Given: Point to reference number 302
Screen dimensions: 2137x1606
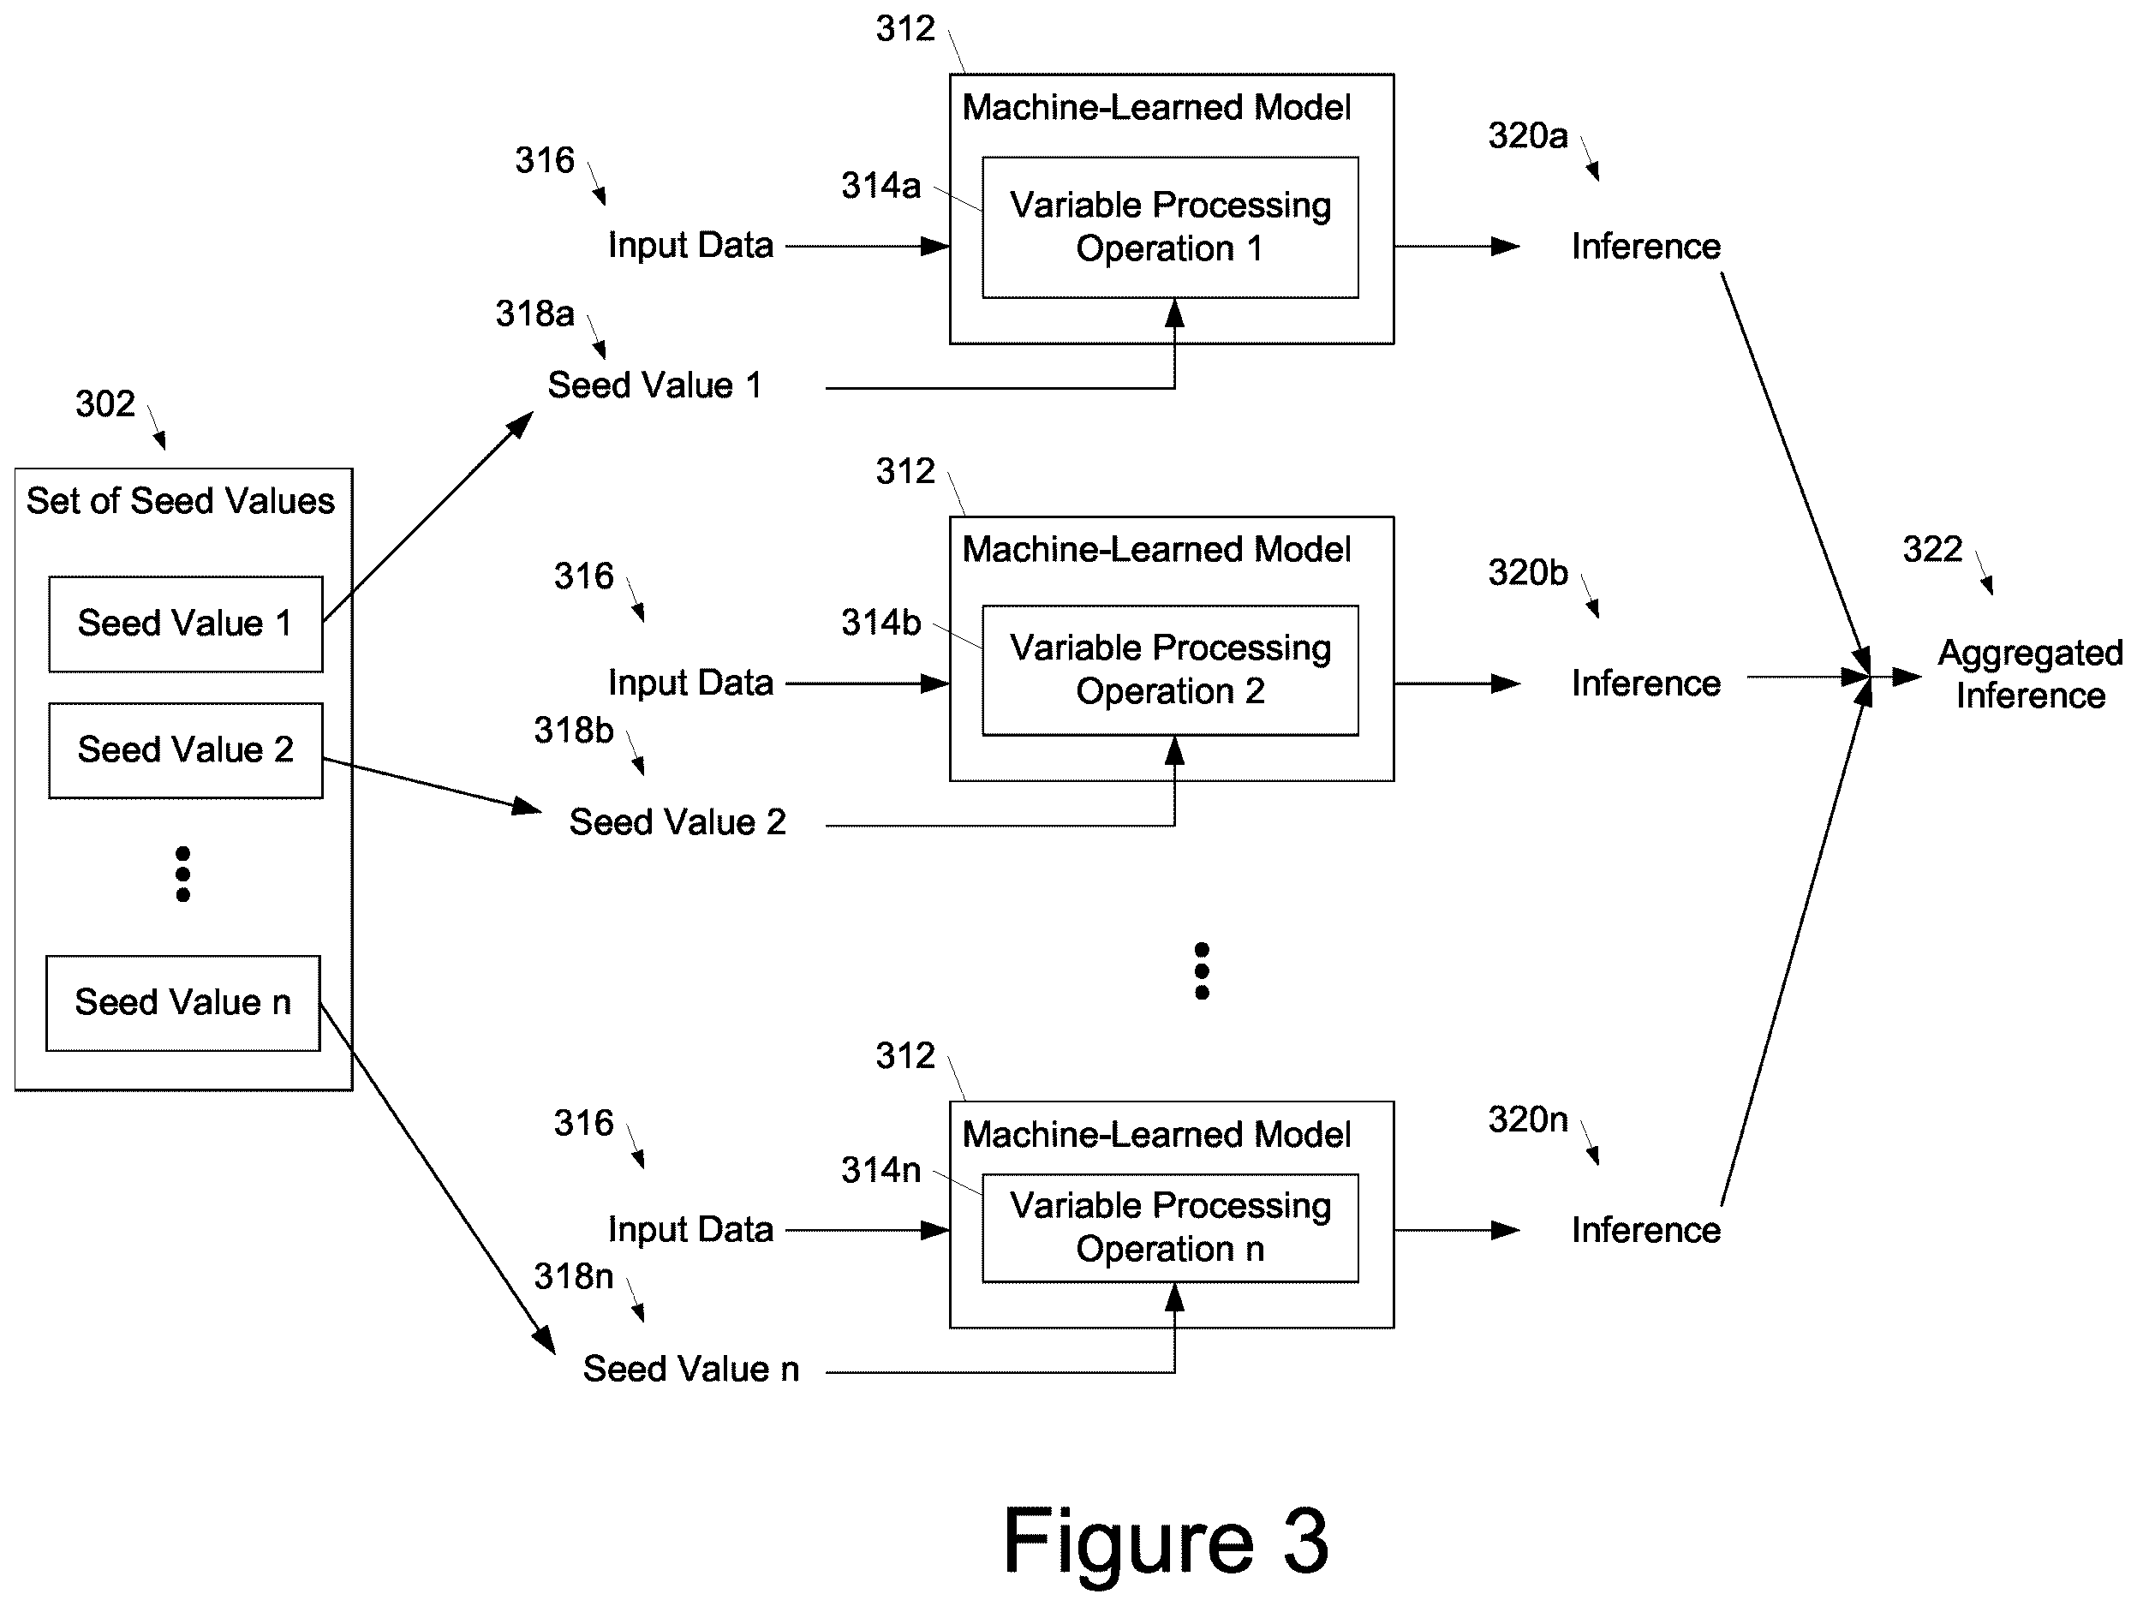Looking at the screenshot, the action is pos(105,404).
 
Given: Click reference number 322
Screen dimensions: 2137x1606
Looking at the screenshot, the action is pos(1932,550).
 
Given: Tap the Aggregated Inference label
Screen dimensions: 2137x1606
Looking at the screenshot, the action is pos(2030,674).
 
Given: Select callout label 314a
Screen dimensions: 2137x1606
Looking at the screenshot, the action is pos(880,186).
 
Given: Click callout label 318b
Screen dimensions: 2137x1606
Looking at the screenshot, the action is pos(574,731).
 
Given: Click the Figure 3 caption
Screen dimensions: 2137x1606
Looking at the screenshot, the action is pos(1166,1541).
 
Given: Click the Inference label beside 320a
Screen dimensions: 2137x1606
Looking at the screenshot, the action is pos(1646,247).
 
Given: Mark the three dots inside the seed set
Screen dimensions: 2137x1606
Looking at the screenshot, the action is pos(182,875).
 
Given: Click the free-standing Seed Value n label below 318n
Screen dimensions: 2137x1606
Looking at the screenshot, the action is pos(690,1370).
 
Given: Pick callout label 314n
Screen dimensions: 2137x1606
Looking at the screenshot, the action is pos(880,1170).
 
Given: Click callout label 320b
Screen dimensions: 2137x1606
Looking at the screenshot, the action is pos(1527,573).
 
